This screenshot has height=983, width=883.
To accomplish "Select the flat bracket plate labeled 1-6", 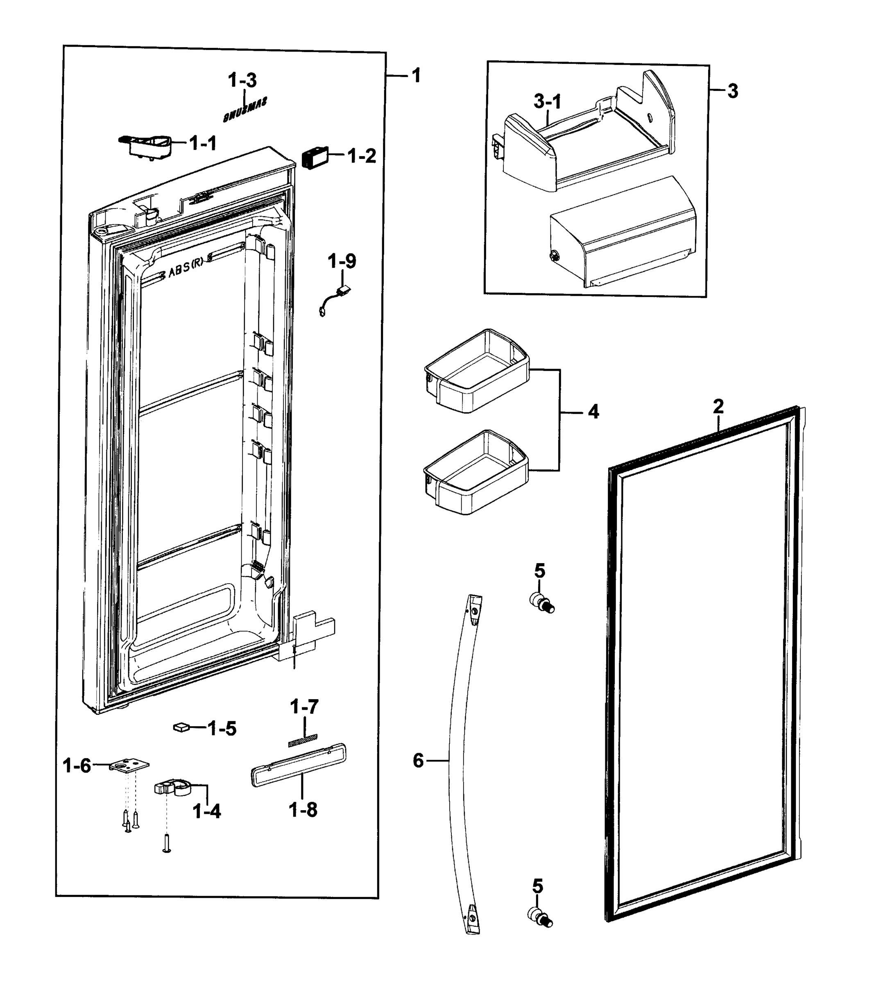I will point(128,765).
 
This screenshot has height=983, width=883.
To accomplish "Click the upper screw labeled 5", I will point(541,602).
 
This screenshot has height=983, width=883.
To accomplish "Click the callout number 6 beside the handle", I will point(418,761).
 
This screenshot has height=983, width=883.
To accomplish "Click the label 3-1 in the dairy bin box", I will point(547,102).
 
